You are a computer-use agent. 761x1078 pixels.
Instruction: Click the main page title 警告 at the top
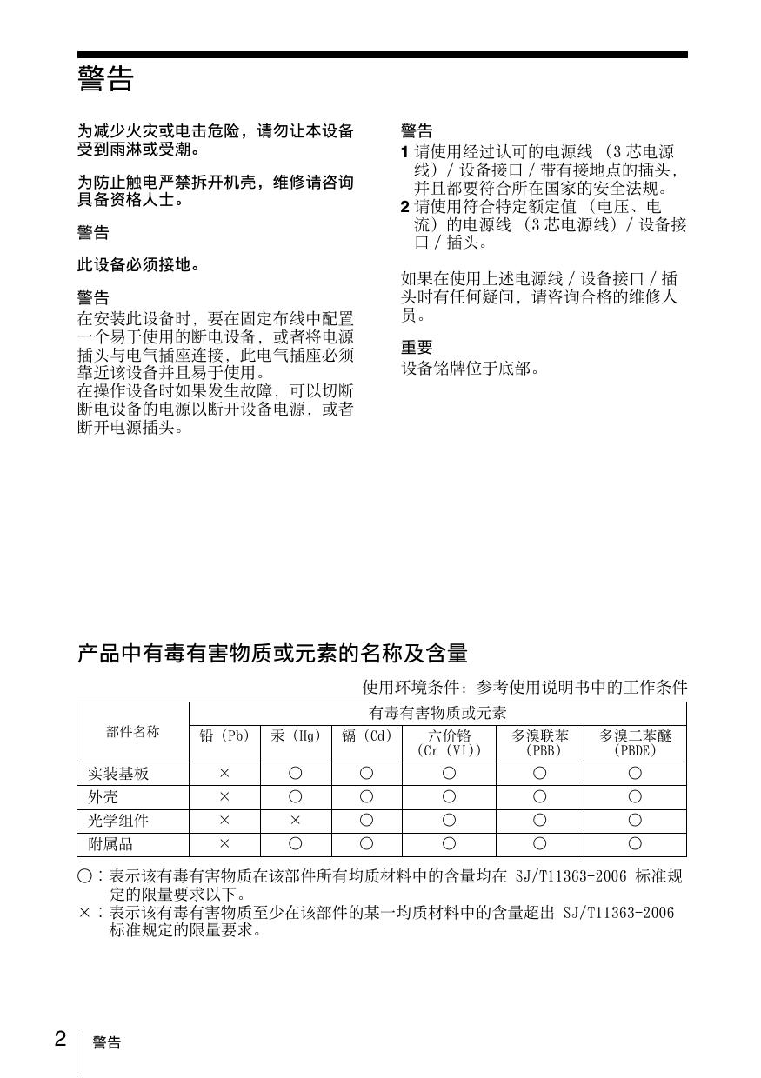(105, 80)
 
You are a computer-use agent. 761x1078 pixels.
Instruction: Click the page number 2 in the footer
(60, 1038)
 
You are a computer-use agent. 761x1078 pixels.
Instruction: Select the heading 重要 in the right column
(417, 348)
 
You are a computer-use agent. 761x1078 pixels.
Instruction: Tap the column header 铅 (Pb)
(224, 736)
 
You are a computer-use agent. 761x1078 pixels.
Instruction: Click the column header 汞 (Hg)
(296, 736)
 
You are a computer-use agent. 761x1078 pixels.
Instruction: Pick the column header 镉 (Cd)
(367, 736)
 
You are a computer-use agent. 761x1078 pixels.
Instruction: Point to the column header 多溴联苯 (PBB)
(539, 742)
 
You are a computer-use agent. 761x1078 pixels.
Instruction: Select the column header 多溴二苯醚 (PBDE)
(635, 742)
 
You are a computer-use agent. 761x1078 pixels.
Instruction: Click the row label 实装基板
(118, 773)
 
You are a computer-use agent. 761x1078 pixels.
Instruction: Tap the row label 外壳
(103, 796)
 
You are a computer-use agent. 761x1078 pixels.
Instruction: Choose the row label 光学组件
(118, 820)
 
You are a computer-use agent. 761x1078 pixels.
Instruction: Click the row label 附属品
(110, 843)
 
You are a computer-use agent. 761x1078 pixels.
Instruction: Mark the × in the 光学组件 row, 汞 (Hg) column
(296, 820)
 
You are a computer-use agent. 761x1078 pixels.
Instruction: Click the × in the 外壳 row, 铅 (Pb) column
(224, 796)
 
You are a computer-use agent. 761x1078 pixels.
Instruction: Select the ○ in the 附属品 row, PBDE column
(635, 843)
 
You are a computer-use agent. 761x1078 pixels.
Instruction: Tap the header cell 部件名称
(133, 731)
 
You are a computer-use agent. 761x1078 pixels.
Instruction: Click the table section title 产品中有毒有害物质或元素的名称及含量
(272, 653)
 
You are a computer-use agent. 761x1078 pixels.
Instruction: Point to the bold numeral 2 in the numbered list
(404, 207)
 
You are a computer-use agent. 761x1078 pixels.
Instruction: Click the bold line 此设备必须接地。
(139, 265)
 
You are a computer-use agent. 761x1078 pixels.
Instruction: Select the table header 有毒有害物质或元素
(437, 713)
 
